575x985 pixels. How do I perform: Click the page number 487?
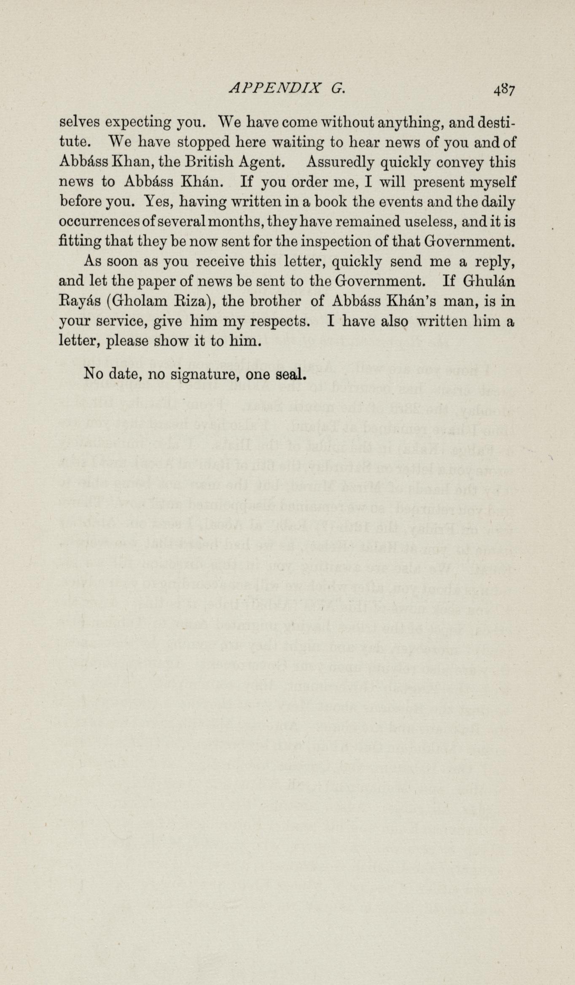point(505,90)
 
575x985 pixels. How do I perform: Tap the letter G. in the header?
point(338,88)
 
